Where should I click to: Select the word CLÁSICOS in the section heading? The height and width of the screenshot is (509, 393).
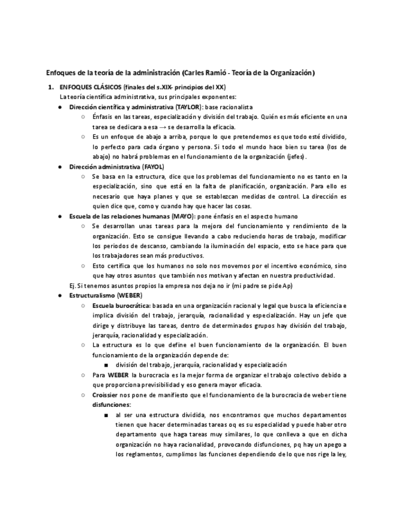pos(104,87)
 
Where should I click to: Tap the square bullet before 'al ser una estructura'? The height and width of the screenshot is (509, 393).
pos(106,415)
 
